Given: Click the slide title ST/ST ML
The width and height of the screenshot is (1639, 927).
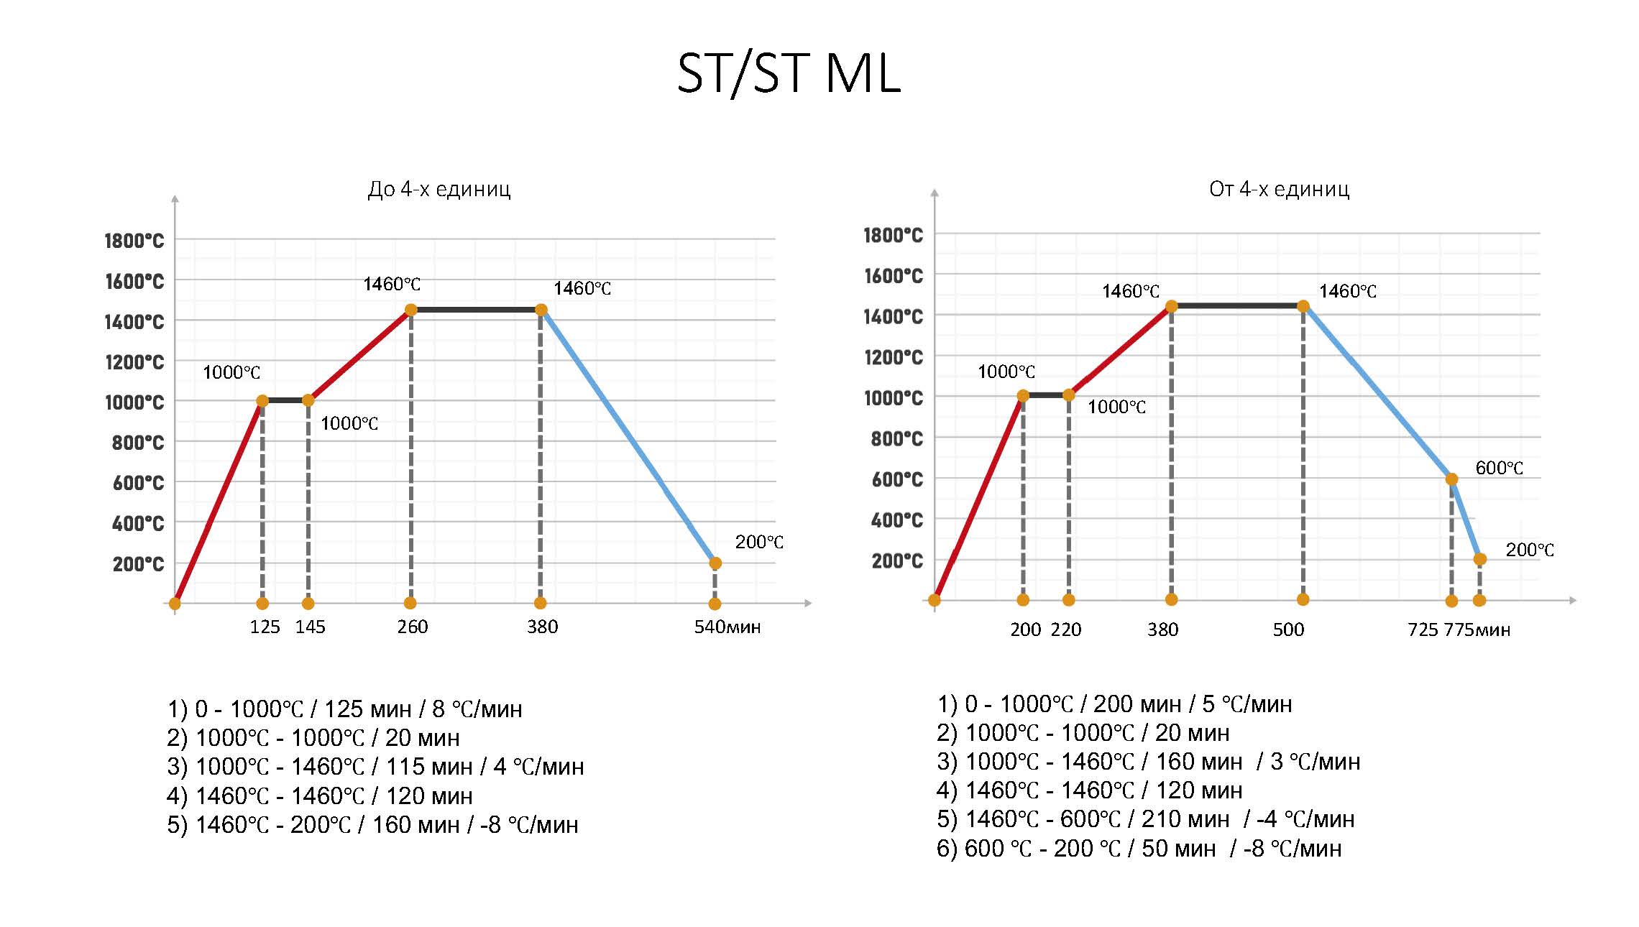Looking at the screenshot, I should point(788,73).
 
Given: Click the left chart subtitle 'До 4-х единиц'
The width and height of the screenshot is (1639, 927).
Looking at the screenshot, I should point(439,189).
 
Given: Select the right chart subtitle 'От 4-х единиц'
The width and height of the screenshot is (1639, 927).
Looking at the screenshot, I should point(1279,189).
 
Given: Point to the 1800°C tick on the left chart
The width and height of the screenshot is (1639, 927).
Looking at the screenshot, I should point(134,240).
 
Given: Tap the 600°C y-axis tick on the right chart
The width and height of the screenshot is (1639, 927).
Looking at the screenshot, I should point(896,479).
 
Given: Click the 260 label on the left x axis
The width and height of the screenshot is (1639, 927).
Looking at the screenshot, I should point(412,627).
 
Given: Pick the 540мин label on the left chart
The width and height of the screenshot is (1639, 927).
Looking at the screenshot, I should point(727,627).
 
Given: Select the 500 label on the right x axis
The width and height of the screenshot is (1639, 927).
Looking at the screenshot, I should point(1287,629).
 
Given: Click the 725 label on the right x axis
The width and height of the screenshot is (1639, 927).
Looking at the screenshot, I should point(1423,629).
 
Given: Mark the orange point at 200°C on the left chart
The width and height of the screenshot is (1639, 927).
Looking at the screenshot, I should point(715,563).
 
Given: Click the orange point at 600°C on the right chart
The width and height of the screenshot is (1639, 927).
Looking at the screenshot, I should point(1451,479).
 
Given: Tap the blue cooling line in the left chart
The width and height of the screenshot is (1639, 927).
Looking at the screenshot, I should point(628,436).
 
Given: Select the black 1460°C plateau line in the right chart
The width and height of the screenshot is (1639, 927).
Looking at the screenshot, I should point(1236,306).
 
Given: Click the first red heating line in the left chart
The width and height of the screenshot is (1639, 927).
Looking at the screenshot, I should point(218,502).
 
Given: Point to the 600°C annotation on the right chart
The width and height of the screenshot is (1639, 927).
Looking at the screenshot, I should point(1499,468).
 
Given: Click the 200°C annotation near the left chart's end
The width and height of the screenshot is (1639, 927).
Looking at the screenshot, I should point(758,542).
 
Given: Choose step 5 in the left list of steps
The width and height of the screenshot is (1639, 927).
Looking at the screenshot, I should point(372,824).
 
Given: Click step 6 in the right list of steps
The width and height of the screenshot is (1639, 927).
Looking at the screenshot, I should point(1139,849).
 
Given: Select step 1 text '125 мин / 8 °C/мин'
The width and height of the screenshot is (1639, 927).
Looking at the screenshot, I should point(423,709).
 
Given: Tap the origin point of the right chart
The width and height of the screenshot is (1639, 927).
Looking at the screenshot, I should point(935,600).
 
